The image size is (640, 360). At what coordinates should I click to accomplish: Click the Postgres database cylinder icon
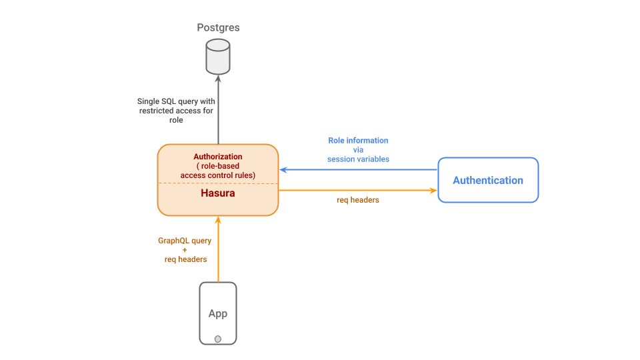pyautogui.click(x=218, y=56)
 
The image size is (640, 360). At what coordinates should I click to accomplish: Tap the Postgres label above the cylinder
pyautogui.click(x=218, y=28)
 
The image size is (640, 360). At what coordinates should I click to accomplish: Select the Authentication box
pyautogui.click(x=488, y=180)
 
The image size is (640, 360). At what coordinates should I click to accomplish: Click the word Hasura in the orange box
pyautogui.click(x=218, y=194)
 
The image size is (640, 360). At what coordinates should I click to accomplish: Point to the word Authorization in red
pyautogui.click(x=218, y=157)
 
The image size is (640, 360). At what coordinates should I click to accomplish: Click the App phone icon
pyautogui.click(x=218, y=313)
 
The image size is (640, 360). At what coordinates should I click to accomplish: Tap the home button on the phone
pyautogui.click(x=218, y=339)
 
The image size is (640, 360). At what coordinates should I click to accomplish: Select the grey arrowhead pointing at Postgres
pyautogui.click(x=218, y=79)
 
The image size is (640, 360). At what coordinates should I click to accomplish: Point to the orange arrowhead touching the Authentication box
pyautogui.click(x=433, y=191)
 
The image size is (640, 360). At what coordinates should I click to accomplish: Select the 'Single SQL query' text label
pyautogui.click(x=176, y=101)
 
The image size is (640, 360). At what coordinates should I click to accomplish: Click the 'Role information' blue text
pyautogui.click(x=358, y=141)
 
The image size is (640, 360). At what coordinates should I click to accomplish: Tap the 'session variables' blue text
pyautogui.click(x=358, y=159)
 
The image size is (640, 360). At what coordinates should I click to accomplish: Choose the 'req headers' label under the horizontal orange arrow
pyautogui.click(x=358, y=199)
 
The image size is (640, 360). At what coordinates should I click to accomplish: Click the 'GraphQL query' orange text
pyautogui.click(x=185, y=240)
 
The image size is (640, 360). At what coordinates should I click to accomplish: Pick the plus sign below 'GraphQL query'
pyautogui.click(x=185, y=249)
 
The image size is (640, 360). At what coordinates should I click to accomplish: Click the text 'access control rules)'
pyautogui.click(x=218, y=175)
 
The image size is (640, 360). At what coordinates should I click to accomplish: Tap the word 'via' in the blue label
pyautogui.click(x=358, y=150)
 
